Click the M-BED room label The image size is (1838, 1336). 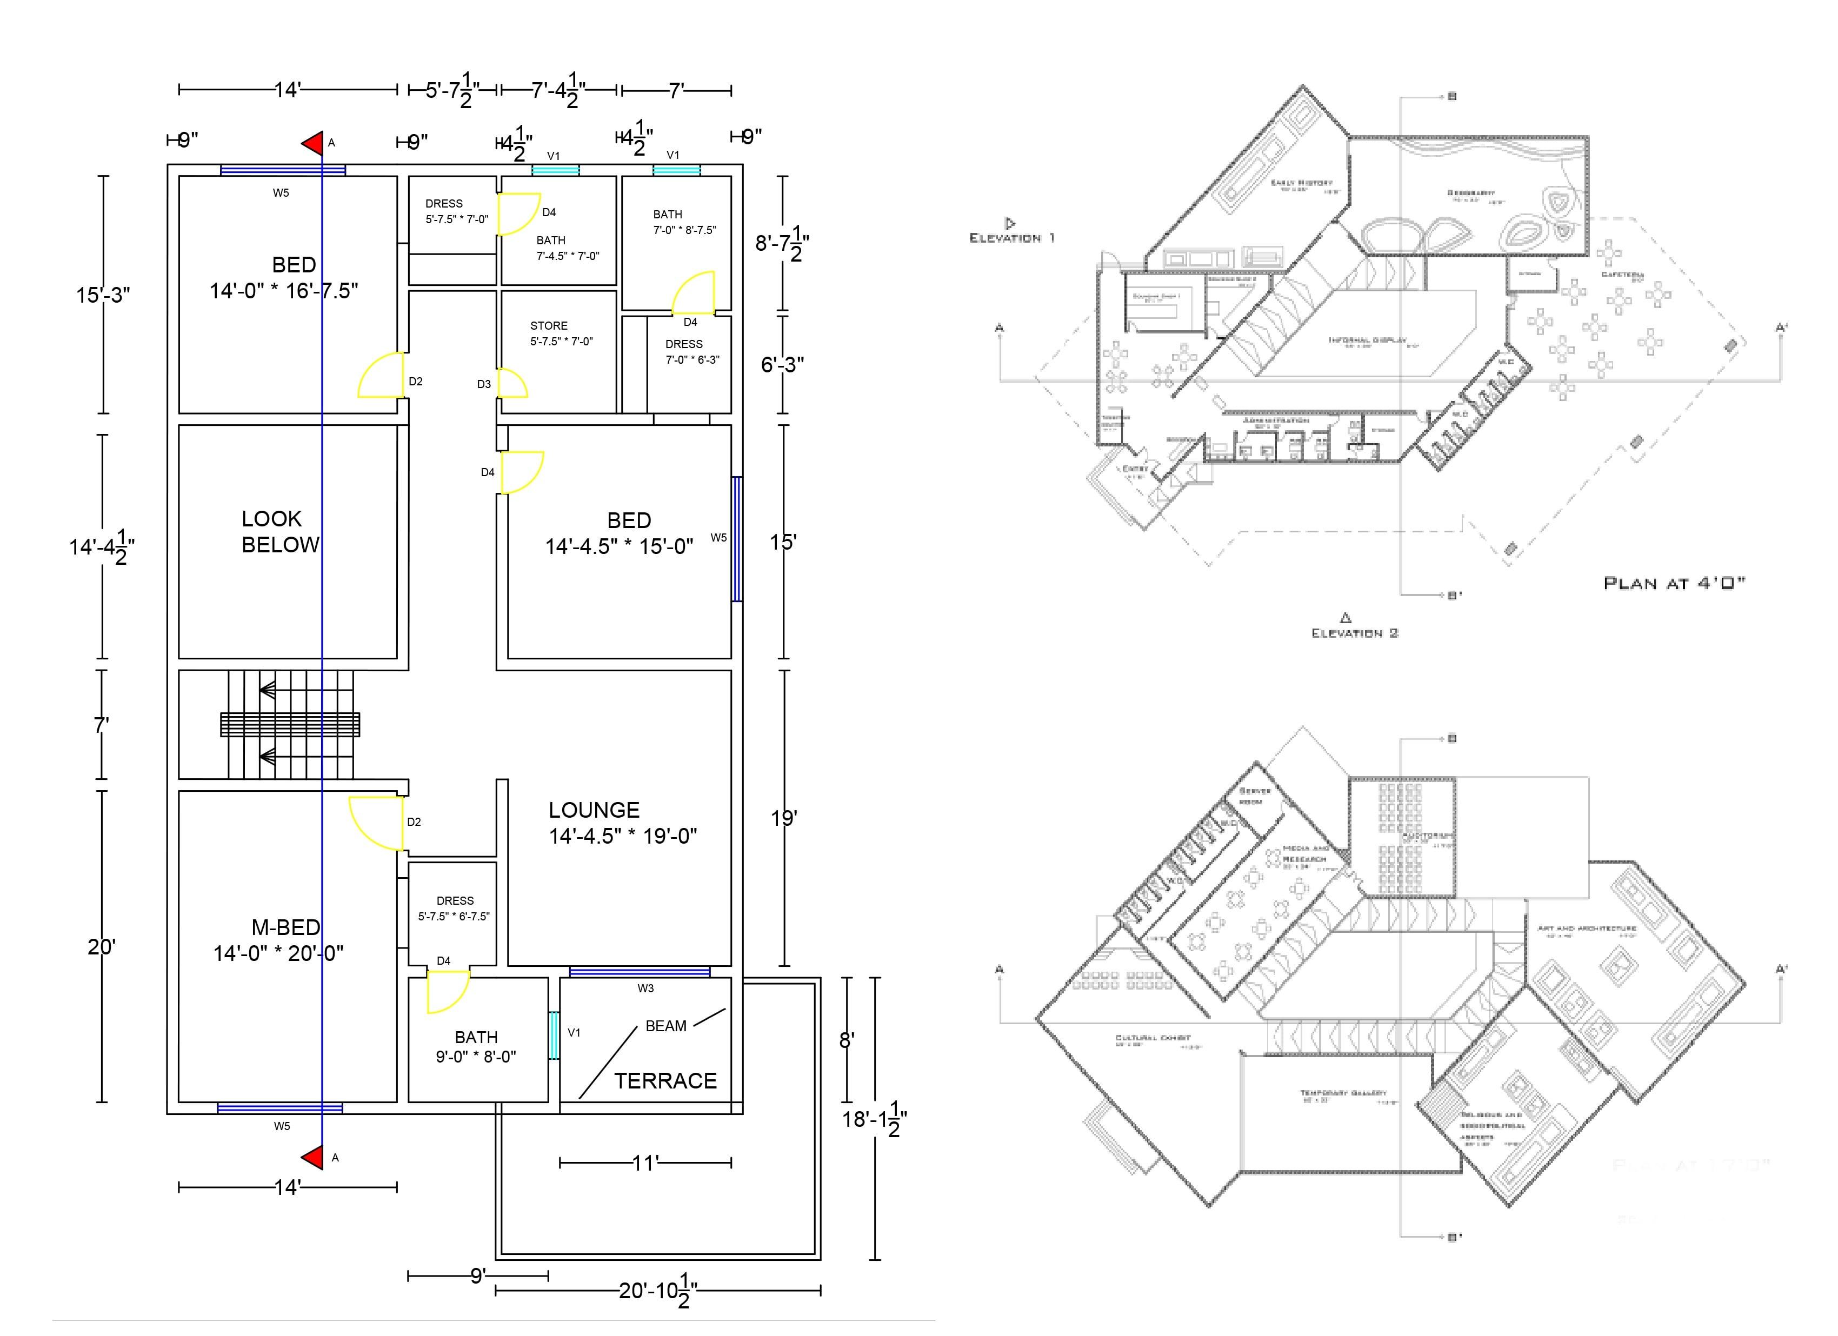(x=285, y=927)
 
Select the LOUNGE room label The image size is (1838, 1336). (x=594, y=810)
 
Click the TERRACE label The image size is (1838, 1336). (x=665, y=1081)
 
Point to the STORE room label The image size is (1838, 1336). (x=549, y=326)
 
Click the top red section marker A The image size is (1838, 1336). (x=314, y=143)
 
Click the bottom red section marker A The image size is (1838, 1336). (x=314, y=1157)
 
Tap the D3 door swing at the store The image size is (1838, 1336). (x=512, y=383)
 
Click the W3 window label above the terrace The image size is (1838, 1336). (x=645, y=988)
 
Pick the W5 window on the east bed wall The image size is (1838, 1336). (x=737, y=539)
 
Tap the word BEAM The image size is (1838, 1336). (x=665, y=1026)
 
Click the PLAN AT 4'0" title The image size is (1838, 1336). (x=1674, y=583)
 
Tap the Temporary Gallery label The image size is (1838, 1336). (x=1343, y=1093)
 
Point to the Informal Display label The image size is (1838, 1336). (x=1367, y=340)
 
